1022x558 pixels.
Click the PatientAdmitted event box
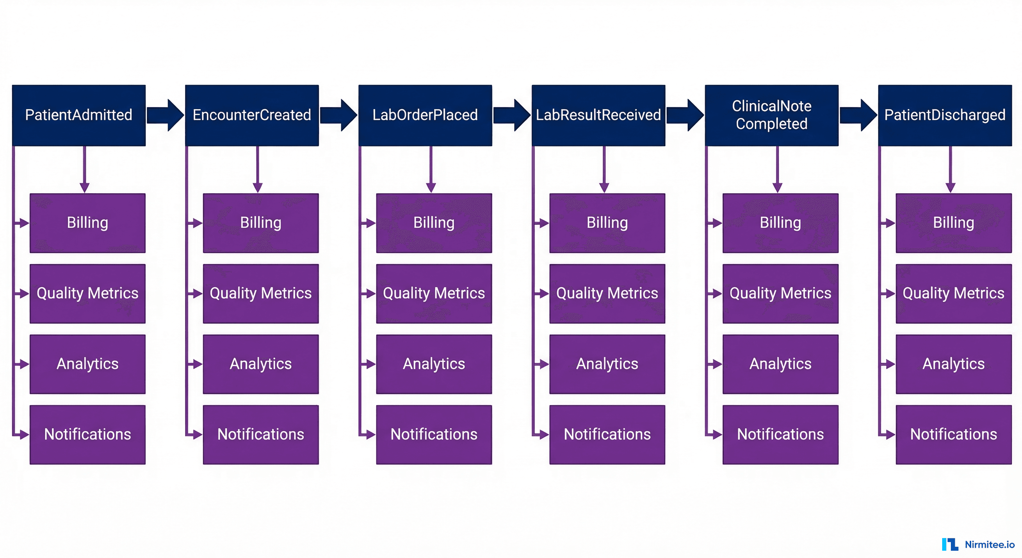(78, 115)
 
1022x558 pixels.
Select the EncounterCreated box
(252, 115)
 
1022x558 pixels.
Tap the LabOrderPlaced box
(425, 115)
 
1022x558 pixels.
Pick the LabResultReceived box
(598, 115)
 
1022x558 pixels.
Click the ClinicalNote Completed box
(772, 115)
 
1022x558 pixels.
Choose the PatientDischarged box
(945, 115)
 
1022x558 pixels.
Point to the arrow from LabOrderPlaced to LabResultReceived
(512, 115)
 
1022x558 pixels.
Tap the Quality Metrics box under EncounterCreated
(261, 294)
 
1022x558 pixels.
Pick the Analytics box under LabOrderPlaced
(434, 364)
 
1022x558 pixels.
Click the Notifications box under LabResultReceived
(607, 434)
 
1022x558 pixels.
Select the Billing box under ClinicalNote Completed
(780, 223)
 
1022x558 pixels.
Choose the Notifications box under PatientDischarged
(953, 434)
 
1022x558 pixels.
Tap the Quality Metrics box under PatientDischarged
(953, 294)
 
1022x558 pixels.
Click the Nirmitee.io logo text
(989, 545)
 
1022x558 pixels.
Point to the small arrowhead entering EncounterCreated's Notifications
(197, 434)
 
